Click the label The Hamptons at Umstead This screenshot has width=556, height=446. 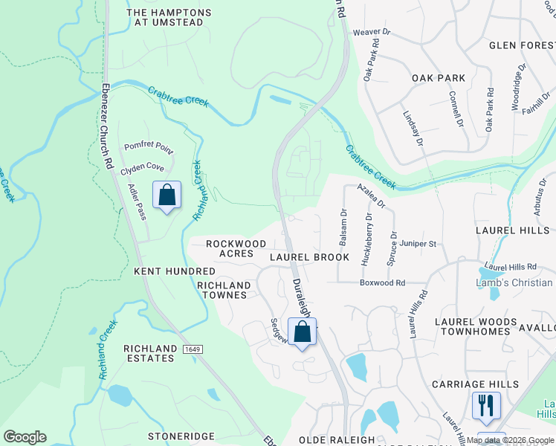[169, 18]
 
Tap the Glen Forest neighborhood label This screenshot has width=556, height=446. [521, 45]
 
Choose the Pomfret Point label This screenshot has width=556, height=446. [149, 147]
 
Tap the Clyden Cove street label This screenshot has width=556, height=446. [142, 167]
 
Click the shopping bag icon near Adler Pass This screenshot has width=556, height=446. [167, 195]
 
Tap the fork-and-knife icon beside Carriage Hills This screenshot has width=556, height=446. [486, 405]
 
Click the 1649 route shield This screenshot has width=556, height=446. [191, 349]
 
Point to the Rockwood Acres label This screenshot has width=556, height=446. [236, 248]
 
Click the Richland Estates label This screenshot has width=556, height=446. [149, 353]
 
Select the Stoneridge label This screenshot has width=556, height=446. [174, 436]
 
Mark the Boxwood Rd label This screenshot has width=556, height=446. [382, 282]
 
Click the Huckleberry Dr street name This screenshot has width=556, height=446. [366, 239]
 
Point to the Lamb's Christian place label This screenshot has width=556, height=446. [514, 282]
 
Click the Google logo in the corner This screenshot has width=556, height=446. [25, 436]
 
